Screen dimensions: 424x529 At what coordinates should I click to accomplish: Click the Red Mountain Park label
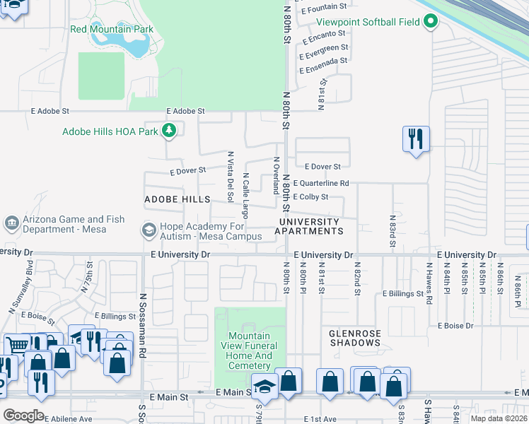click(x=112, y=29)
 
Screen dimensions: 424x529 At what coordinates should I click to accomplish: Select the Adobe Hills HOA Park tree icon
click(x=168, y=131)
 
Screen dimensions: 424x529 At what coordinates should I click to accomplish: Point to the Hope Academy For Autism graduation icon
click(x=149, y=230)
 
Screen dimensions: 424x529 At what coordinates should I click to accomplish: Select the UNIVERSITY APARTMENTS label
click(x=308, y=226)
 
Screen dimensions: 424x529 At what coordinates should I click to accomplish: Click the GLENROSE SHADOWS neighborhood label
click(x=354, y=337)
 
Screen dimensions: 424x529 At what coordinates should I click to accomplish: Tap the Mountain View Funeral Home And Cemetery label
click(x=250, y=351)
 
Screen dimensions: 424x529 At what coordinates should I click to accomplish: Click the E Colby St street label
click(x=312, y=196)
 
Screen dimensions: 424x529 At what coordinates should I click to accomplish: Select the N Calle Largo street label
click(x=245, y=195)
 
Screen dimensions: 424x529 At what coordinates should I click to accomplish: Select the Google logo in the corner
click(x=23, y=416)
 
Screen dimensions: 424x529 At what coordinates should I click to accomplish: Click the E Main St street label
click(x=232, y=392)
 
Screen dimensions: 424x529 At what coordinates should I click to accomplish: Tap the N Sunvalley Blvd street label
click(x=21, y=288)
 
